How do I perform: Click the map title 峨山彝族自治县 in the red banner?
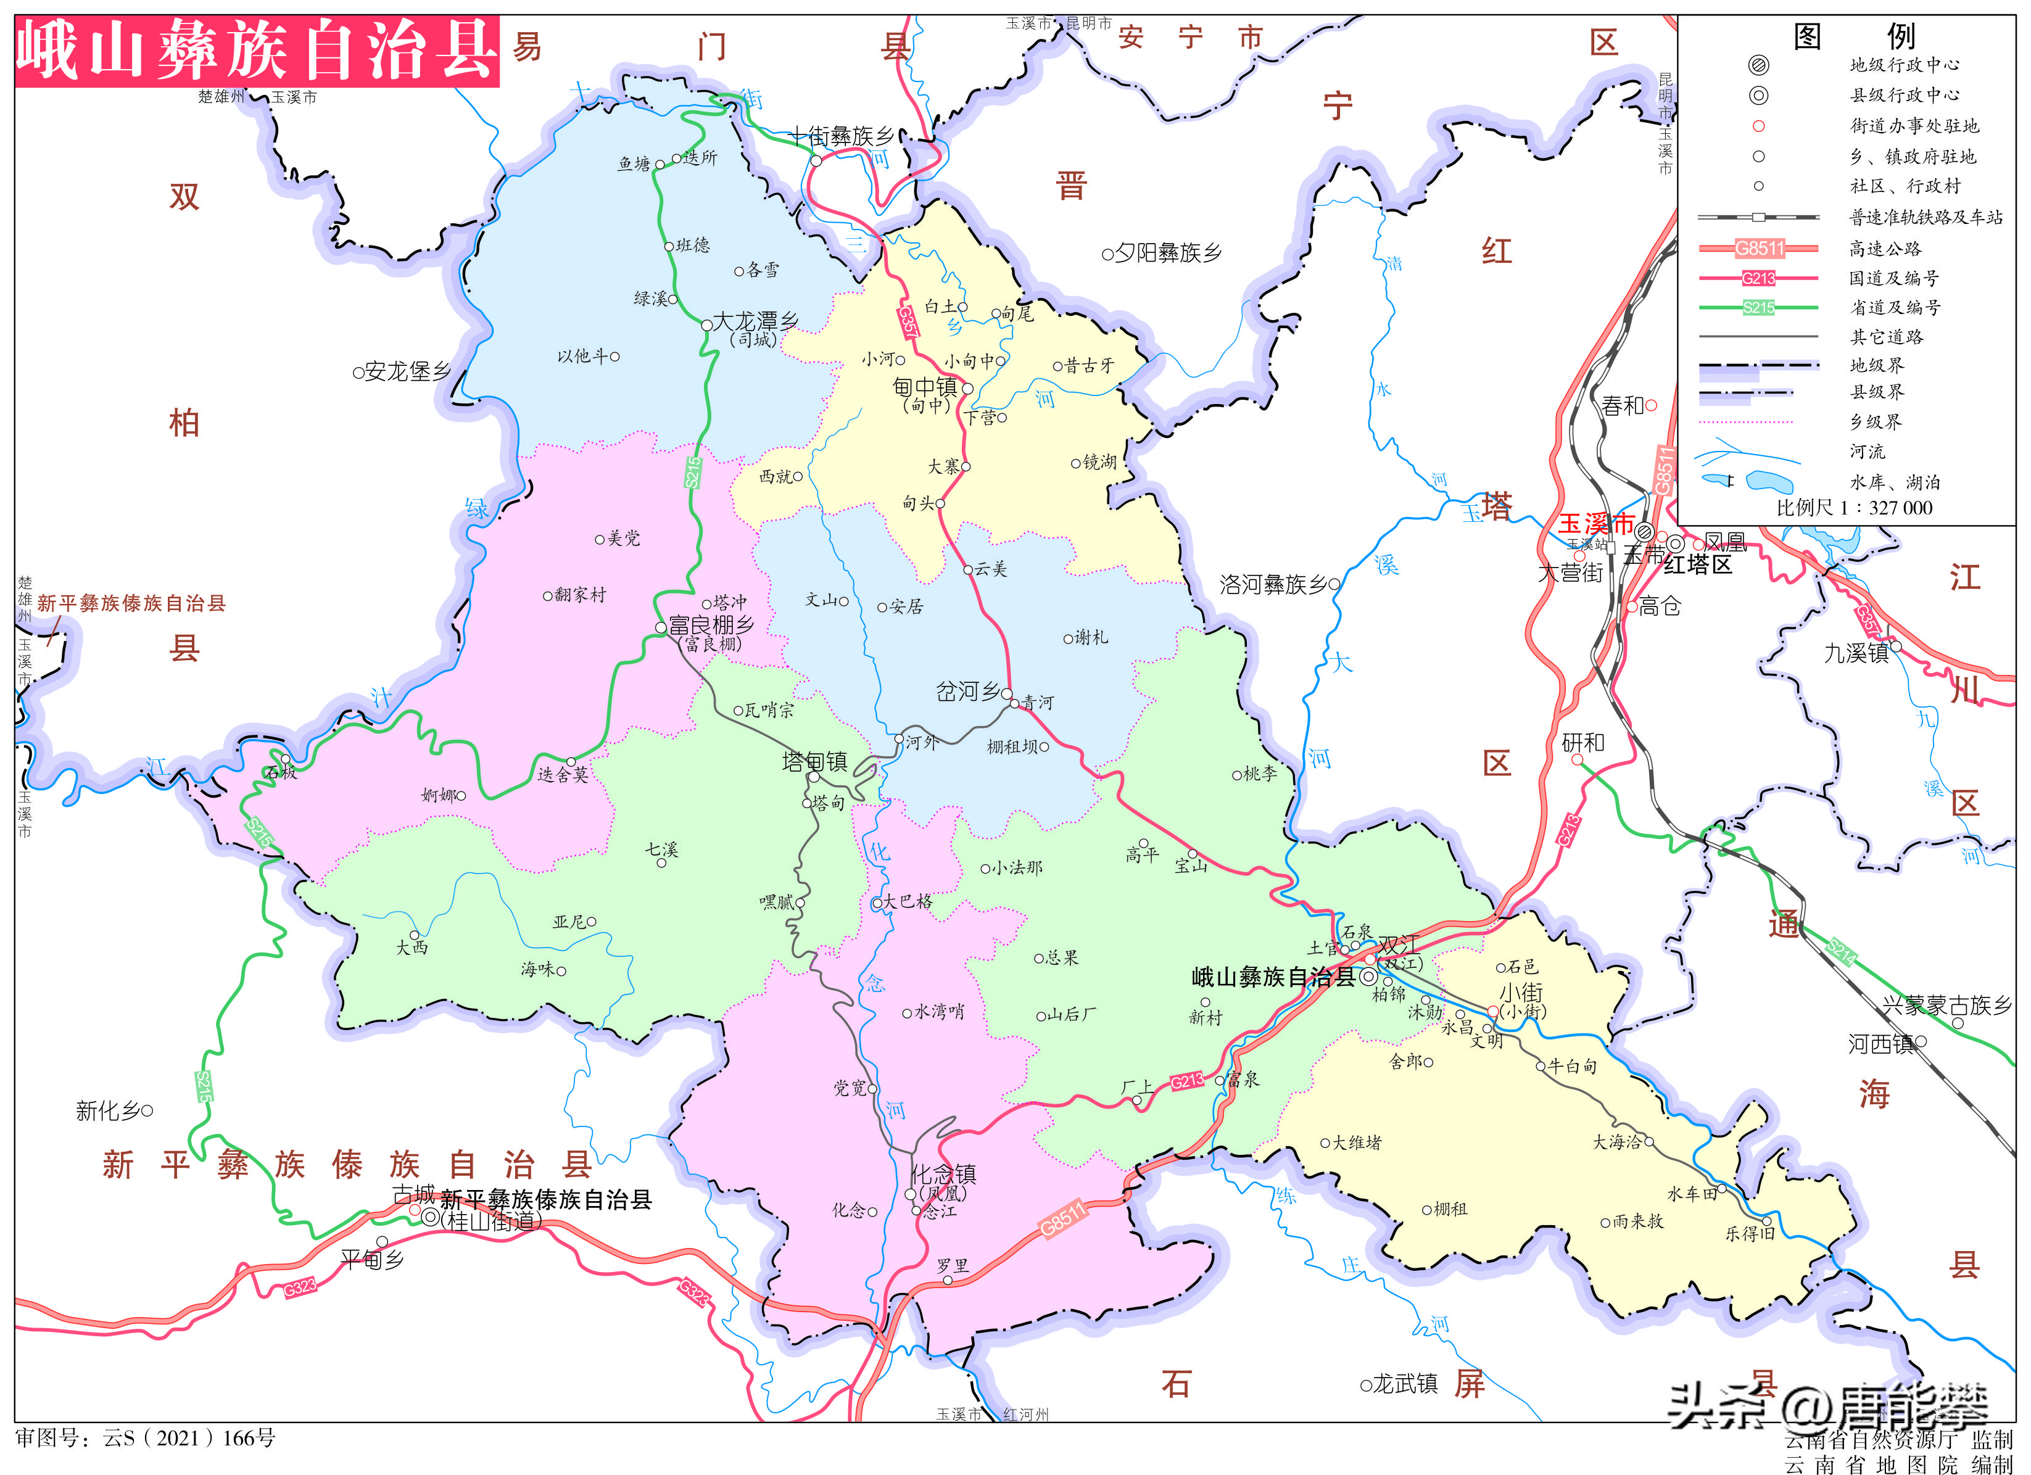pos(257,51)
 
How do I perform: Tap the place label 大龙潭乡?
pos(755,321)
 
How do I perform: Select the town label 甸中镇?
pos(925,387)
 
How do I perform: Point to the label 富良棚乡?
pos(711,625)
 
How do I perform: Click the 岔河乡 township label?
pos(967,692)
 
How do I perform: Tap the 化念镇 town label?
pos(943,1173)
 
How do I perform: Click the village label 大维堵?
pos(1357,1142)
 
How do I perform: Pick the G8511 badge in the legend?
pos(1759,248)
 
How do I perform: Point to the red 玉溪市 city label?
pos(1596,523)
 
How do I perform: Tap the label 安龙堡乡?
pos(407,371)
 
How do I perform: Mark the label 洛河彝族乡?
pos(1273,585)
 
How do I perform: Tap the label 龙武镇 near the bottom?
pos(1405,1384)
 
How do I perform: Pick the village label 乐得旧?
pos(1750,1233)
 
